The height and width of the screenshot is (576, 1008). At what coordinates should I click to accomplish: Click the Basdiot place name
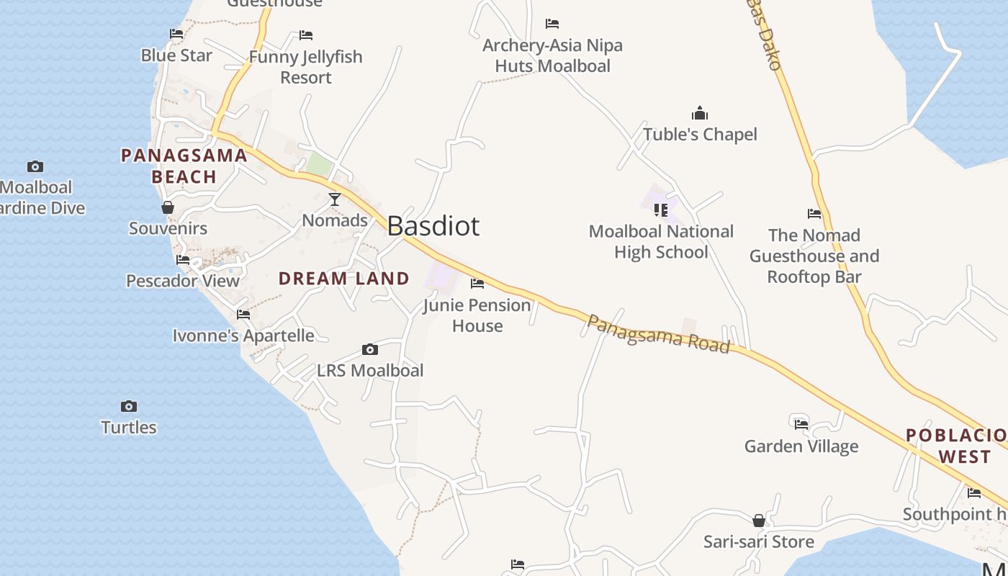433,226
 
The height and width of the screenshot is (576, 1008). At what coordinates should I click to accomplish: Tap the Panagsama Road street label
658,334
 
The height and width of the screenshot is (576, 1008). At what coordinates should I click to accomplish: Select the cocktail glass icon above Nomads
335,199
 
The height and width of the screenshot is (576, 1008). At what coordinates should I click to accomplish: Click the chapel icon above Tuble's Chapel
700,113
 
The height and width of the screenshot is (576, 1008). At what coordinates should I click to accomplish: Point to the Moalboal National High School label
661,242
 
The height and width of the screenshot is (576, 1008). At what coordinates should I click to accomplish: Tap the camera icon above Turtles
129,406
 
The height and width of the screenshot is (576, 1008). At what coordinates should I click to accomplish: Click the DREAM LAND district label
343,279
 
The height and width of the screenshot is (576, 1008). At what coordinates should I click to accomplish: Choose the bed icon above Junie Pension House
477,284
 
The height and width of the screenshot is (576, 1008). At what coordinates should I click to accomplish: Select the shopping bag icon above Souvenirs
168,207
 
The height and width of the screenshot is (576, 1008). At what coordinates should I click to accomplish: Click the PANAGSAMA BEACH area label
184,166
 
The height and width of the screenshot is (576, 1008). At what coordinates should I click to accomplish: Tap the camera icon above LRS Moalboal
370,350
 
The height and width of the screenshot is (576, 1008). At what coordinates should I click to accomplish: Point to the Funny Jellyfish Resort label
306,67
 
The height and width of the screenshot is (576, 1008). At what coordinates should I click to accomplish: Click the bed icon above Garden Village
801,423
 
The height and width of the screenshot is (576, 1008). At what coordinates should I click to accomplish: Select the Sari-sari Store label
759,541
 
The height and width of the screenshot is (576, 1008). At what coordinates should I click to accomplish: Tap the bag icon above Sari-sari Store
759,520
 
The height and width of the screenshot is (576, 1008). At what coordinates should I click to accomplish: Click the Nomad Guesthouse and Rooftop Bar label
814,256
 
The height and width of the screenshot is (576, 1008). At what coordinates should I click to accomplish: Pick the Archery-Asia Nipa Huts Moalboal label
552,55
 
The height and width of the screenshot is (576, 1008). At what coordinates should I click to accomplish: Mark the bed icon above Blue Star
176,33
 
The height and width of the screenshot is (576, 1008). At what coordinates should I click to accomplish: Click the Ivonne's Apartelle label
243,336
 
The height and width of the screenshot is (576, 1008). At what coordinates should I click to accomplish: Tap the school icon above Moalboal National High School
661,210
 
